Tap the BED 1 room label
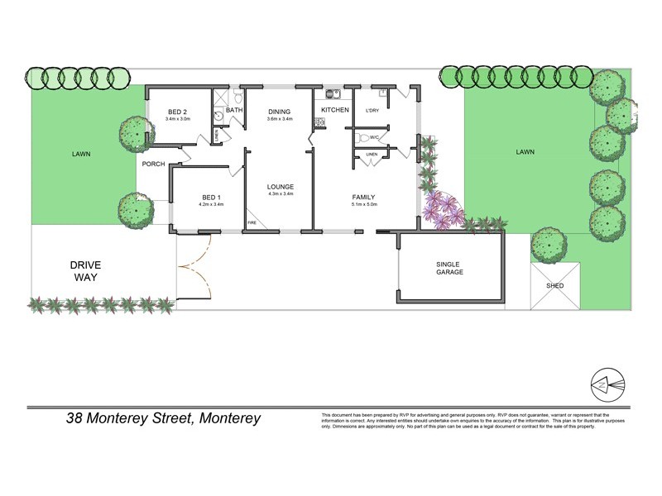point(212,197)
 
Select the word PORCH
point(154,164)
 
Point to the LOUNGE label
point(281,187)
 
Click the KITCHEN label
point(335,110)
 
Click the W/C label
point(374,137)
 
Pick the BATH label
point(234,110)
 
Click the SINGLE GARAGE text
point(449,268)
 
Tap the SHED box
point(555,285)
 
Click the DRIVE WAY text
point(84,271)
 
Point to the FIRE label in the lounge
point(252,223)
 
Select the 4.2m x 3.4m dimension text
point(212,204)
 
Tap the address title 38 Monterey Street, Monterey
point(163,418)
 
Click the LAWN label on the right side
point(525,152)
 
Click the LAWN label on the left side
point(80,154)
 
